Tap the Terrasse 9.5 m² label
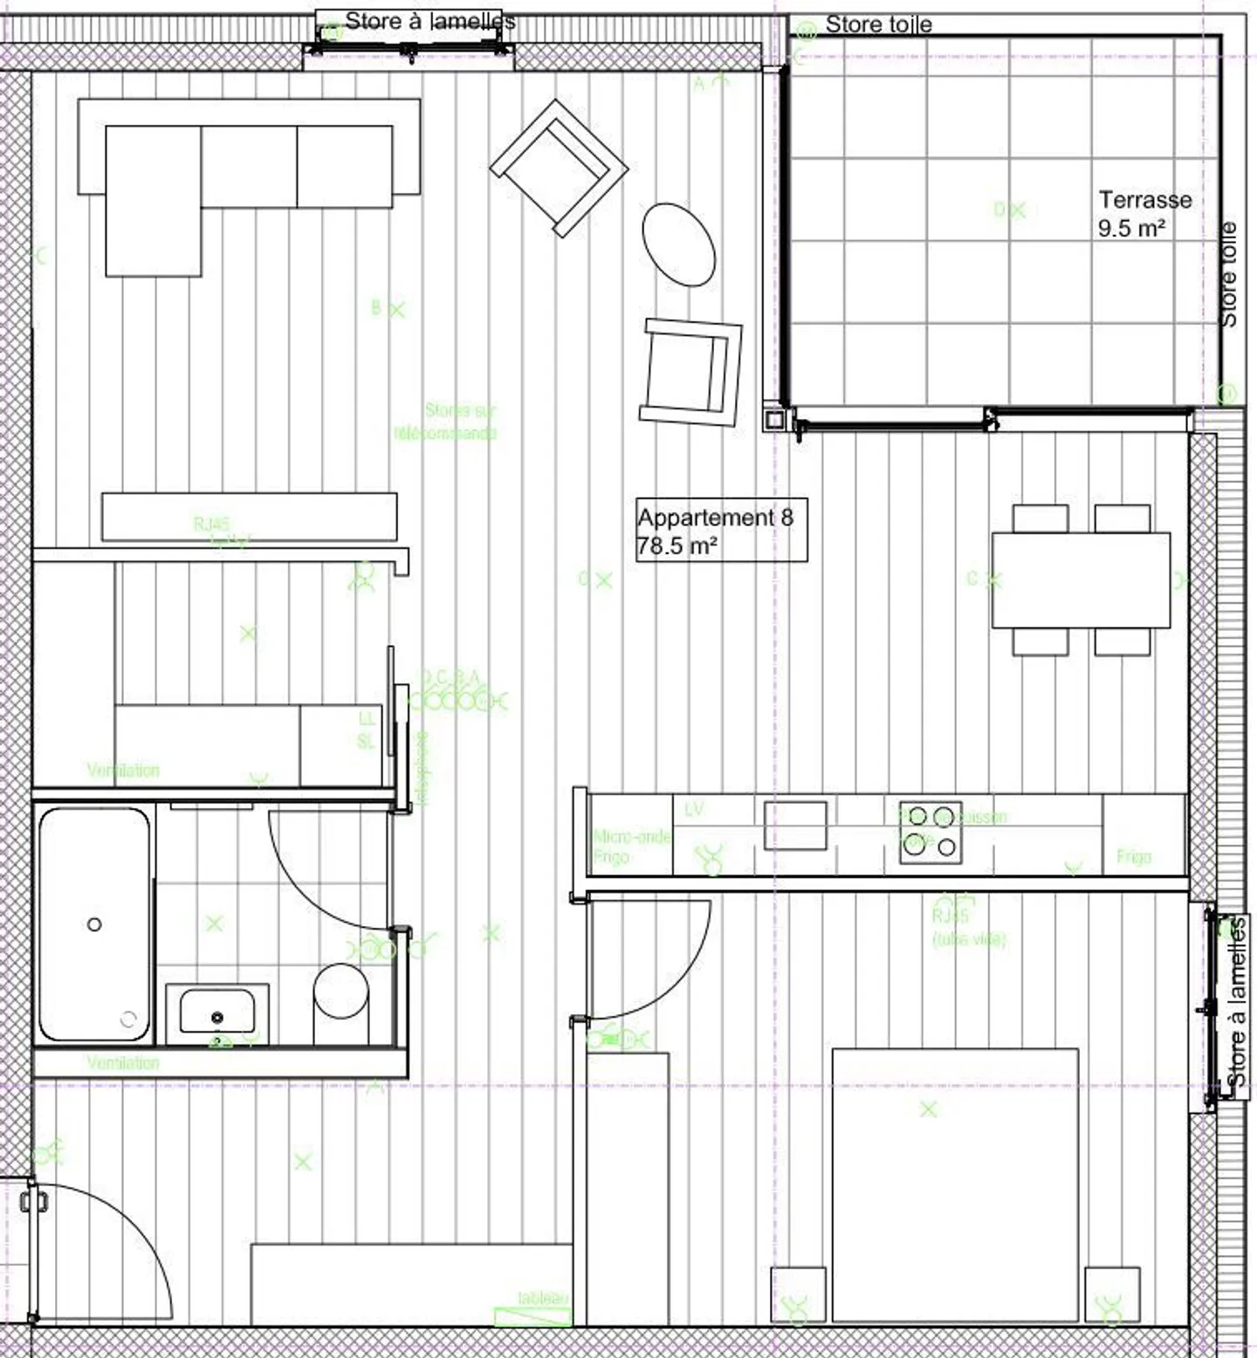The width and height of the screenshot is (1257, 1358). coord(1144,213)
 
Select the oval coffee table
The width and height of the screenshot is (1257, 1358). coord(678,243)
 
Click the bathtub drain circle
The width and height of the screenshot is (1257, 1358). coord(94,924)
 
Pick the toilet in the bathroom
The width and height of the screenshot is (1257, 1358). coord(340,1002)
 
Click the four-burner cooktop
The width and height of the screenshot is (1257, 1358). coord(931,832)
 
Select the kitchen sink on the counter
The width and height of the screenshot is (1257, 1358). coord(795,825)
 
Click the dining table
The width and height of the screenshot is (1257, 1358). coord(1081,580)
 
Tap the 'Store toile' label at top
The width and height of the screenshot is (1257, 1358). coord(878,24)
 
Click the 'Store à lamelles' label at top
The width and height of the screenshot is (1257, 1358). coord(429,21)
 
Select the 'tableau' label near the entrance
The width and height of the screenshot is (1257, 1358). coord(542,1298)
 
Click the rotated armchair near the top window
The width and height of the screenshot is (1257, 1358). coord(559,167)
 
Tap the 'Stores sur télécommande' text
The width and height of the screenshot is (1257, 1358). coord(447,421)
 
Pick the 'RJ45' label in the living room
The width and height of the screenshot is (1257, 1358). coord(211,524)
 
